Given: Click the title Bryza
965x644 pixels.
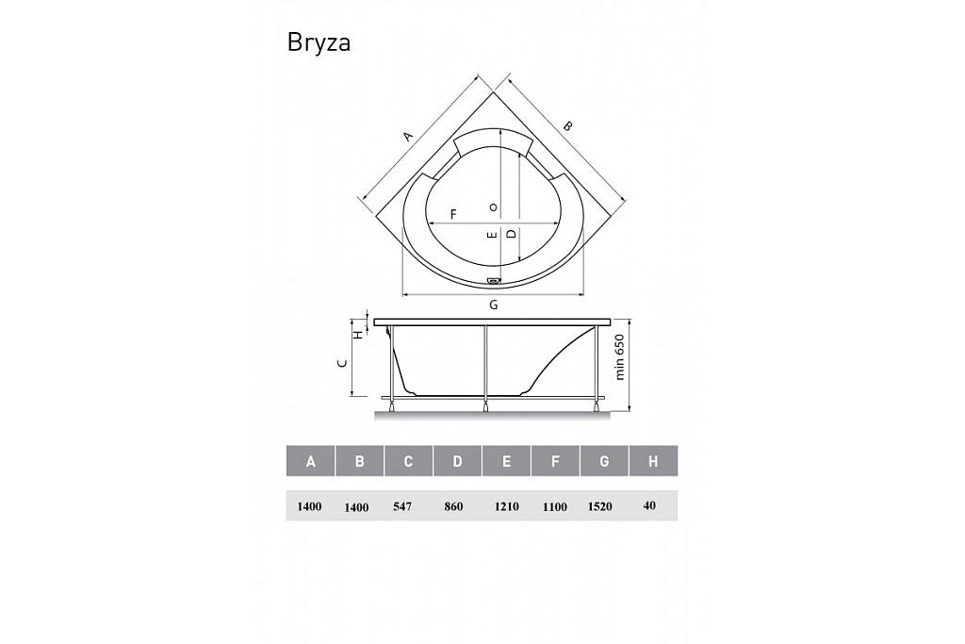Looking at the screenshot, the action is pos(319,43).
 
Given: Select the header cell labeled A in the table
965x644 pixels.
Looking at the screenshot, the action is pos(311,461).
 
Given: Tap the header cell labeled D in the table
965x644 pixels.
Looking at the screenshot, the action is pos(457,461).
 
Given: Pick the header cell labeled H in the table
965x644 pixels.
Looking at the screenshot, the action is pos(653,461).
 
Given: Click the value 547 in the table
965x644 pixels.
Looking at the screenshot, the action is pos(401,506).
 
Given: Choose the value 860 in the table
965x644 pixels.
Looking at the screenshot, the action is pos(453,506).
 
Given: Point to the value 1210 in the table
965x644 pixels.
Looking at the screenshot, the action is pos(506,506).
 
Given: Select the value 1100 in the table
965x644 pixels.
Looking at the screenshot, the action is pos(554,507).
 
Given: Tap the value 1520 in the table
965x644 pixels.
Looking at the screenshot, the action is pos(600,506).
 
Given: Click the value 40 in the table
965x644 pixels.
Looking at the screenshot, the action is pos(649,505).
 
